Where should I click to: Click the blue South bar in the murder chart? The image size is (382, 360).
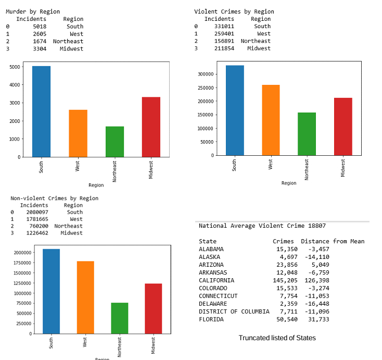pos(41,111)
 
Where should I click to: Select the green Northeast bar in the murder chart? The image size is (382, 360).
pos(114,141)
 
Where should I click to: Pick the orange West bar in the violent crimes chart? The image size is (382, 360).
pos(271,120)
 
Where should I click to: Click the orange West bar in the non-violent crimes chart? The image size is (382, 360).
pos(85,297)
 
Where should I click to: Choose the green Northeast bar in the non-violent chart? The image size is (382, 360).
pos(119,318)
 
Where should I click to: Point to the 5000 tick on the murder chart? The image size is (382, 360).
pos(15,67)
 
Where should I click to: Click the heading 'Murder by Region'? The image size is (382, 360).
pos(33,11)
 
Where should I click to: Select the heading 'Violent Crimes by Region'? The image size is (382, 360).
pos(234,11)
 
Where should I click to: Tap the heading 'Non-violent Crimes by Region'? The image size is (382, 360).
pos(54,198)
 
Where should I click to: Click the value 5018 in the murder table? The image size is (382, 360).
pos(39,26)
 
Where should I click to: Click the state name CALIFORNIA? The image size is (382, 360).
pos(216,280)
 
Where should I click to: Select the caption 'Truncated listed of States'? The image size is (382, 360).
pos(277,338)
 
